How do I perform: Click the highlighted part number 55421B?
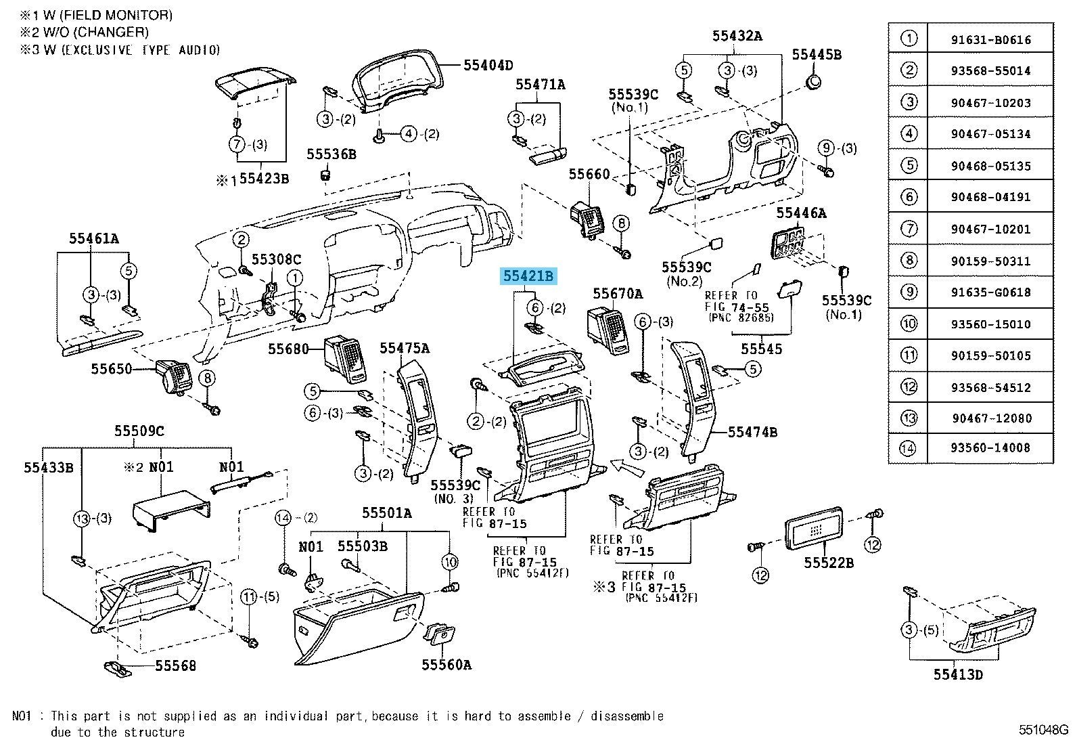[528, 276]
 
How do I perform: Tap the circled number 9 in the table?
[909, 292]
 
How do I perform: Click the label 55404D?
[488, 66]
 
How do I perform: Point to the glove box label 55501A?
[386, 513]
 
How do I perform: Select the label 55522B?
[829, 563]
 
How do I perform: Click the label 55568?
[175, 666]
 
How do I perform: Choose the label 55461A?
[93, 238]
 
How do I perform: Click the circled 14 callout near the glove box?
[283, 519]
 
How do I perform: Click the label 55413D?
[958, 674]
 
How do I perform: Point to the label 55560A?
[446, 665]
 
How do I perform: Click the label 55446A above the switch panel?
[801, 213]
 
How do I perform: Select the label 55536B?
[331, 154]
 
